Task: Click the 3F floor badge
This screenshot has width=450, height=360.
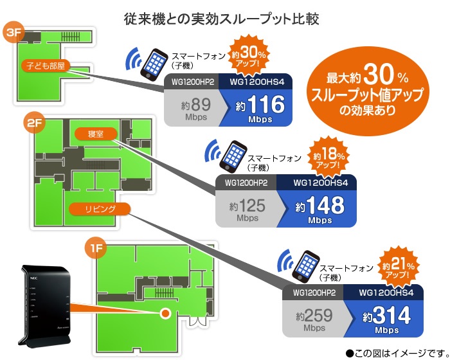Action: pyautogui.click(x=15, y=33)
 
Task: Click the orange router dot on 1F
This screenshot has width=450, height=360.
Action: pyautogui.click(x=165, y=312)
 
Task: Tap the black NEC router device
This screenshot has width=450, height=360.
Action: pyautogui.click(x=42, y=296)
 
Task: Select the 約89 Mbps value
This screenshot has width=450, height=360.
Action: pyautogui.click(x=193, y=107)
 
